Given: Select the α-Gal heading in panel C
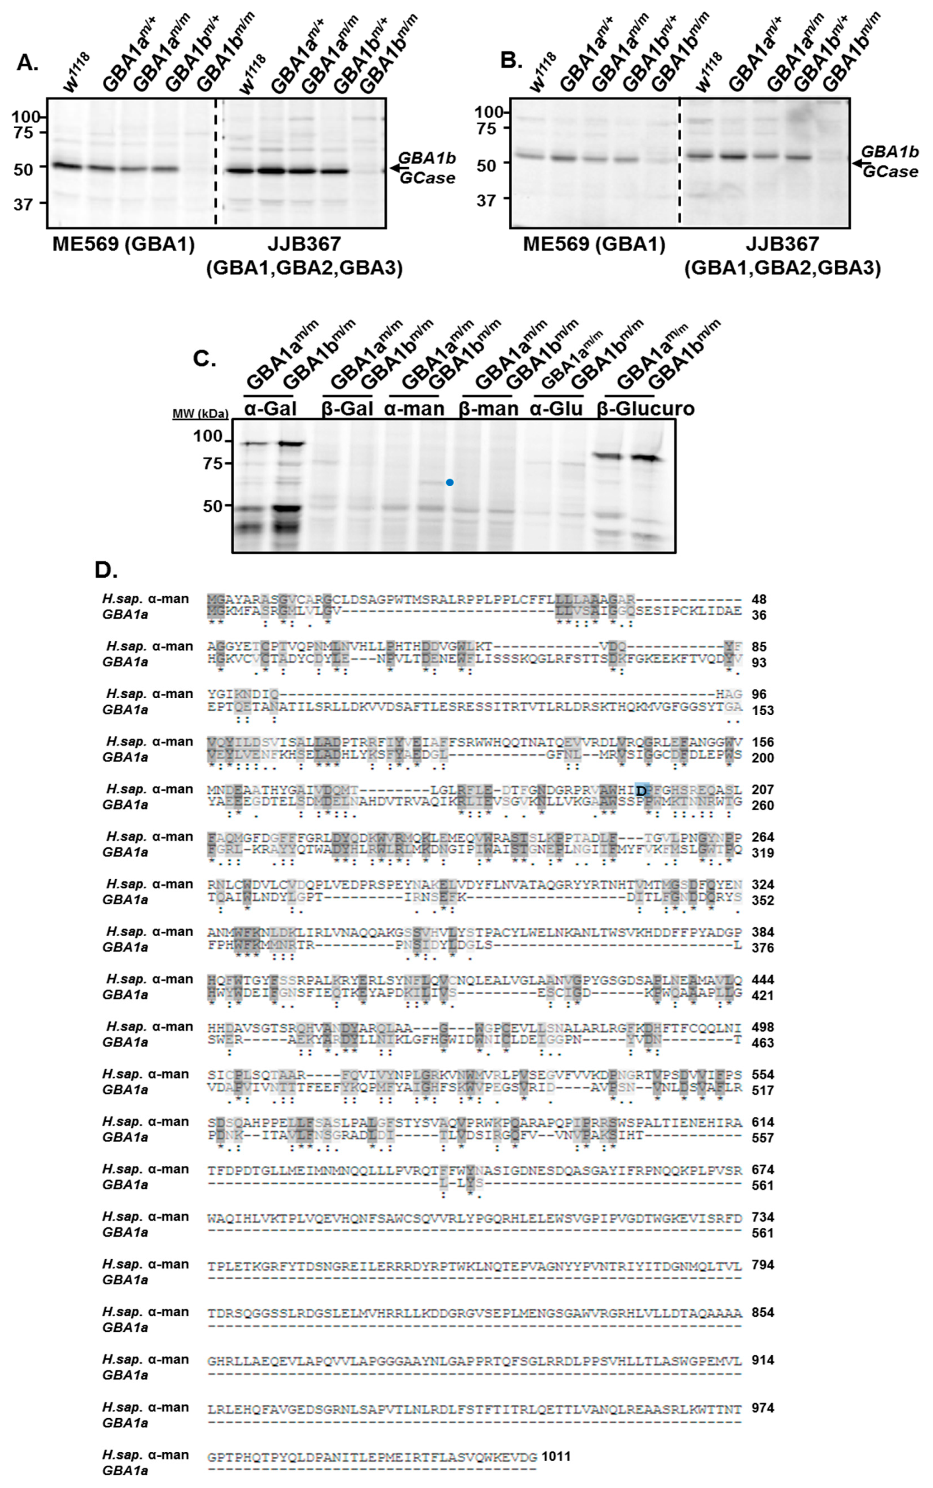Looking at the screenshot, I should point(270,409).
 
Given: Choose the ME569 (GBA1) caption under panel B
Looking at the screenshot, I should point(594,245).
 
